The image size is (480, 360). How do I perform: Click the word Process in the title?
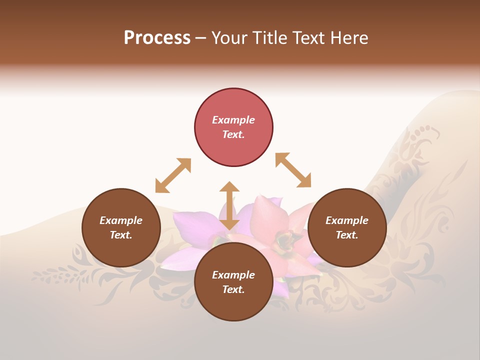[x=157, y=38]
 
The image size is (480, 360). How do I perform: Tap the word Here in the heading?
[x=349, y=38]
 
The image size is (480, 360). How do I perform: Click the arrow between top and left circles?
[x=173, y=175]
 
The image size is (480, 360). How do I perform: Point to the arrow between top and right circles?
[x=293, y=170]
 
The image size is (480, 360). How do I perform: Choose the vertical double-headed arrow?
[x=229, y=205]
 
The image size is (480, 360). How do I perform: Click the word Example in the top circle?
[x=233, y=120]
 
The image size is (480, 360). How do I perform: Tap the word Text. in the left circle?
[x=121, y=235]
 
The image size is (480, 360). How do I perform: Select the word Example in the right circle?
[x=347, y=220]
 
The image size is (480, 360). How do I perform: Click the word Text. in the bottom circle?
[x=233, y=289]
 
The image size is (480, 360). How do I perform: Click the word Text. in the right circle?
[x=347, y=235]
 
